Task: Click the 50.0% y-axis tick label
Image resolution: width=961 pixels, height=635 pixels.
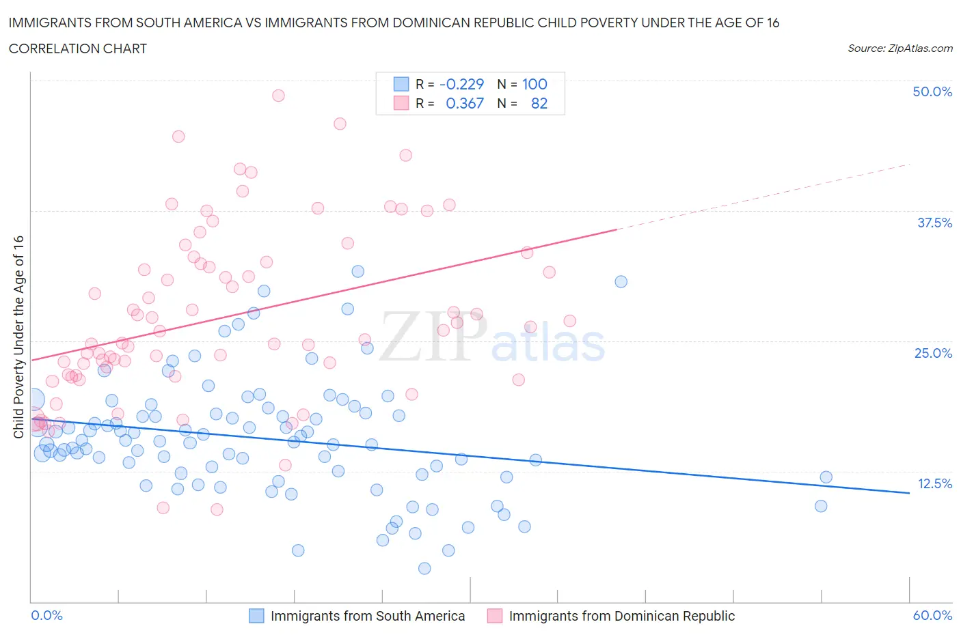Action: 932,91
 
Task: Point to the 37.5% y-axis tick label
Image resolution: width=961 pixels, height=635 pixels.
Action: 934,223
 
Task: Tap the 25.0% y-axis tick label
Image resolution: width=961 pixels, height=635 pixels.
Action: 933,353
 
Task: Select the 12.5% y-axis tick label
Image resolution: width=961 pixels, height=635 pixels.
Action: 934,483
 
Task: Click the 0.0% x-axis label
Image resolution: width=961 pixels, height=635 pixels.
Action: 46,615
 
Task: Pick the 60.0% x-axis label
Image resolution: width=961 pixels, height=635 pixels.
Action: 932,615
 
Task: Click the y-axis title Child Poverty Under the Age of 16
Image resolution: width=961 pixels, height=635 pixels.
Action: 18,337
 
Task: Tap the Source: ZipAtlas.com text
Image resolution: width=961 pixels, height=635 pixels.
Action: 899,48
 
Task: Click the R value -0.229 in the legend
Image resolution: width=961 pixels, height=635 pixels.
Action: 461,84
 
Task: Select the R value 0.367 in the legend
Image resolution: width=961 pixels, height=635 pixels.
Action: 464,103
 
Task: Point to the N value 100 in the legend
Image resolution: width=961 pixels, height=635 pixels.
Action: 534,84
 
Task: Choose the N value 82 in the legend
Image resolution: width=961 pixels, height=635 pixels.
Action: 539,103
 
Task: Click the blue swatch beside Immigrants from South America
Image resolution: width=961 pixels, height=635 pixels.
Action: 256,616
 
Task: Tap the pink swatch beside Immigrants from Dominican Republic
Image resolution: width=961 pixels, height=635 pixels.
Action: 494,616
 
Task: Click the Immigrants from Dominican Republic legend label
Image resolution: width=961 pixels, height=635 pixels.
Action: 621,616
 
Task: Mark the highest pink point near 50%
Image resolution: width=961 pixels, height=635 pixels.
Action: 278,96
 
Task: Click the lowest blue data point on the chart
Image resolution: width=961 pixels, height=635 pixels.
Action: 424,568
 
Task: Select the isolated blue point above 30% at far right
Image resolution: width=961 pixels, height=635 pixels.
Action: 621,281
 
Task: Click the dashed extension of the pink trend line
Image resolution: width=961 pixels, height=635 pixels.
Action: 766,196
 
